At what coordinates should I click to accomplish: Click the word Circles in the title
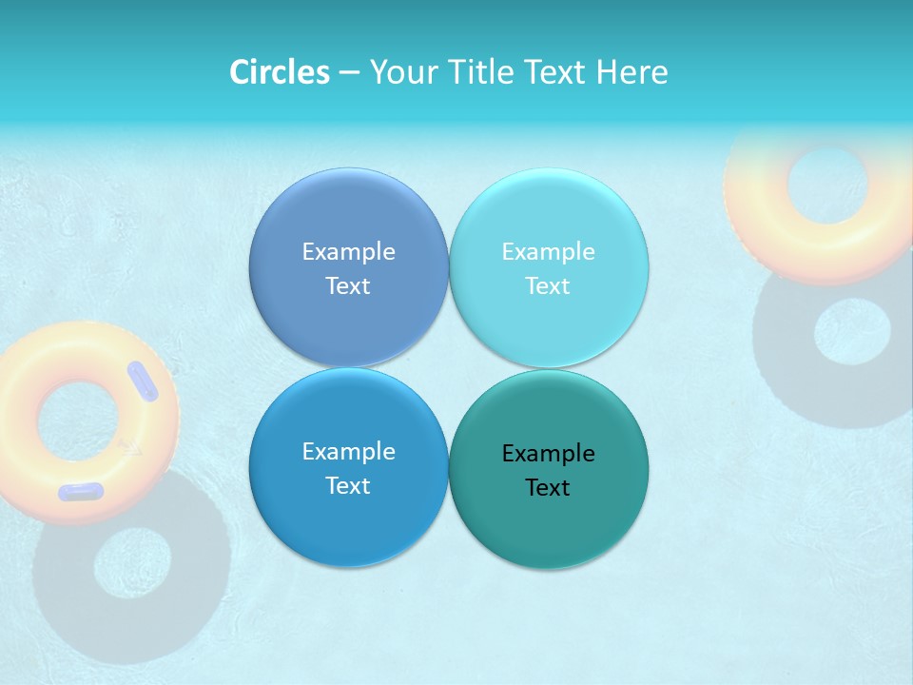click(x=279, y=72)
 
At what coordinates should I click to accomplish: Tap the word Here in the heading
click(x=631, y=72)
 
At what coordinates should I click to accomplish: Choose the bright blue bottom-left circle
click(x=348, y=528)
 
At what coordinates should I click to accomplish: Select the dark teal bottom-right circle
click(x=549, y=528)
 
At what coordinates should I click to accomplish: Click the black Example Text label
click(x=548, y=470)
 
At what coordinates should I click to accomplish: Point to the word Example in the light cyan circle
click(x=548, y=252)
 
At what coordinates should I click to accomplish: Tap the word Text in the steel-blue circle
click(x=348, y=286)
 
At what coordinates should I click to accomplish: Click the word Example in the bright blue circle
click(x=348, y=452)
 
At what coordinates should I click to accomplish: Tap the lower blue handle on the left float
click(x=81, y=492)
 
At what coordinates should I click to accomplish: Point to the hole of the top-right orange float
click(x=826, y=186)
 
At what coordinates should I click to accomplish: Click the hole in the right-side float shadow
click(x=852, y=331)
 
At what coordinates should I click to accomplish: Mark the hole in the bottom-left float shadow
click(x=132, y=563)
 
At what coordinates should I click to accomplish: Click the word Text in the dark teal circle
click(x=548, y=488)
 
